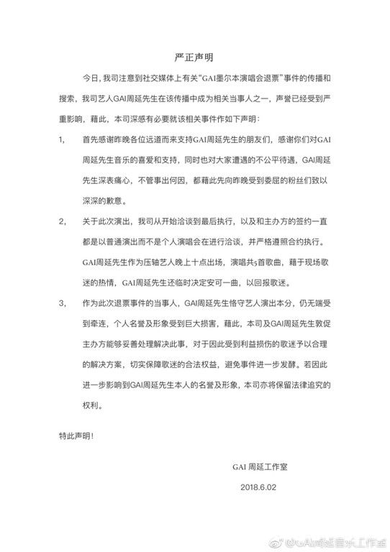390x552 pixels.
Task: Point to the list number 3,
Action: click(63, 324)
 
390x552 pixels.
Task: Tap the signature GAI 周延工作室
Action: click(263, 467)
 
